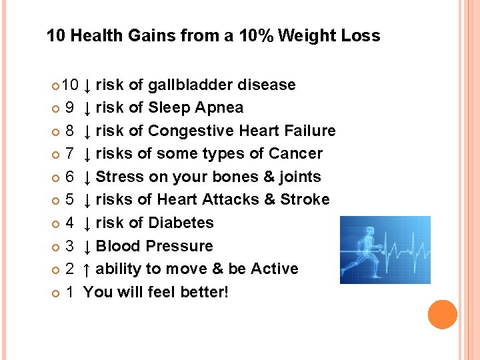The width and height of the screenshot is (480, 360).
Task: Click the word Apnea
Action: [x=222, y=108]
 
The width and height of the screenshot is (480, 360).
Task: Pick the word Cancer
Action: [x=295, y=154]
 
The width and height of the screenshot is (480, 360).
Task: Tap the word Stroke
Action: [x=305, y=200]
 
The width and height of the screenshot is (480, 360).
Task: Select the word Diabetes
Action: [x=181, y=223]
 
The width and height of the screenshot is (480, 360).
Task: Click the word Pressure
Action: [x=182, y=246]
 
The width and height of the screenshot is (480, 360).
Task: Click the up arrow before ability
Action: [x=87, y=269]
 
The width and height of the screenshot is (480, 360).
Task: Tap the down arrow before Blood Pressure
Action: [x=87, y=246]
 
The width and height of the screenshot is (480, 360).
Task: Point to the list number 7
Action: [x=69, y=154]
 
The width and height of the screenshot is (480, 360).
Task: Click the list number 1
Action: [x=69, y=292]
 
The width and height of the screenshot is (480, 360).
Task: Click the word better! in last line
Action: [x=205, y=292]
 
